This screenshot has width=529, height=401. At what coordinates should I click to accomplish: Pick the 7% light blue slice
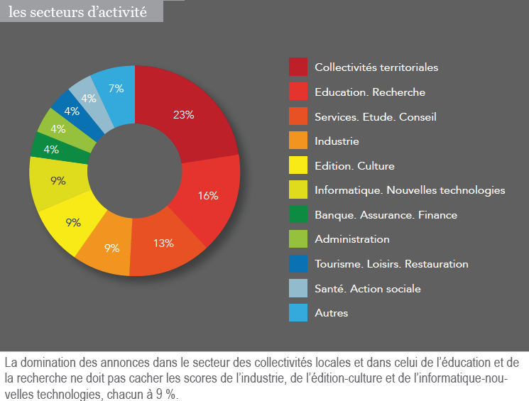click(x=115, y=89)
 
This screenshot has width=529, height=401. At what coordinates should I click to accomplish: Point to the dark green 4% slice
click(x=51, y=149)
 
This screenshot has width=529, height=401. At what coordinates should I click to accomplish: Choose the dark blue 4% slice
click(x=72, y=112)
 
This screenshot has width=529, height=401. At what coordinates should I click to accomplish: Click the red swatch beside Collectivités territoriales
click(x=298, y=67)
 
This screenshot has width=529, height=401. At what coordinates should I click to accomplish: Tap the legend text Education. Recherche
click(x=370, y=92)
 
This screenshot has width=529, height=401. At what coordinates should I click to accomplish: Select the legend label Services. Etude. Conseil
click(x=375, y=116)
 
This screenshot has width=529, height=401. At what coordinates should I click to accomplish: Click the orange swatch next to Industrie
click(x=298, y=141)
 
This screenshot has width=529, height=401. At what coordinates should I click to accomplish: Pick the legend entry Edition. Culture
click(x=354, y=166)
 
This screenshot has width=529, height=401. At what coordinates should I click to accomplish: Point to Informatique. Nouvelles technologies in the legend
click(x=410, y=190)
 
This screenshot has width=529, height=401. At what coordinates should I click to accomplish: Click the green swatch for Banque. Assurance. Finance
click(x=298, y=214)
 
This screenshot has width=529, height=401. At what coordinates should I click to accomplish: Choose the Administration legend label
click(x=352, y=239)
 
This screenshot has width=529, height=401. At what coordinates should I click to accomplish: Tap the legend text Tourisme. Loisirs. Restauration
click(x=391, y=263)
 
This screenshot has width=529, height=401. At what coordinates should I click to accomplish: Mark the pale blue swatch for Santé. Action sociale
click(x=298, y=288)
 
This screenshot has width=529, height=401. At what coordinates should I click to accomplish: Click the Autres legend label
click(x=332, y=313)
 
